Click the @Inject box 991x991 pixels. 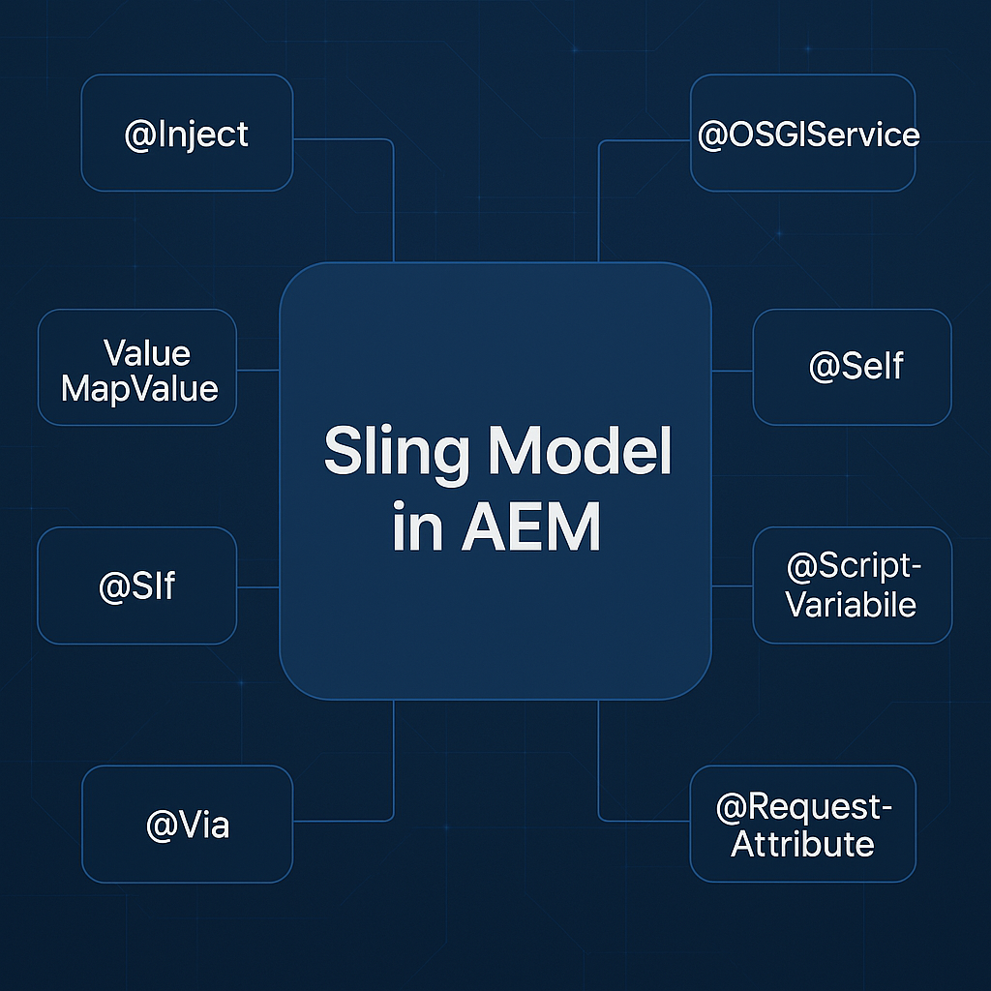click(x=187, y=134)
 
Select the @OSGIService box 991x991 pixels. click(x=802, y=134)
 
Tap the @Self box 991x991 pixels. click(x=852, y=367)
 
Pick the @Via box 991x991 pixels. click(x=187, y=825)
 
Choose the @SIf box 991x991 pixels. click(x=136, y=586)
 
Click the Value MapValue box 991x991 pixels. click(x=136, y=369)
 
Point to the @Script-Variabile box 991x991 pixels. click(x=852, y=586)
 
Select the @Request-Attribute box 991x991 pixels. click(x=802, y=825)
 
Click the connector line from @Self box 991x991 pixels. click(x=733, y=371)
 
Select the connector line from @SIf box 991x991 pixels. click(x=257, y=586)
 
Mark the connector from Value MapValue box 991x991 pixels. click(x=257, y=369)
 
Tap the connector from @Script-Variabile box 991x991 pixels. click(x=733, y=586)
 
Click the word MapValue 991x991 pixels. click(x=139, y=388)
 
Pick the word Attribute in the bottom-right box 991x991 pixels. click(x=802, y=844)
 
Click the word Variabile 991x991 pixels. click(x=851, y=605)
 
